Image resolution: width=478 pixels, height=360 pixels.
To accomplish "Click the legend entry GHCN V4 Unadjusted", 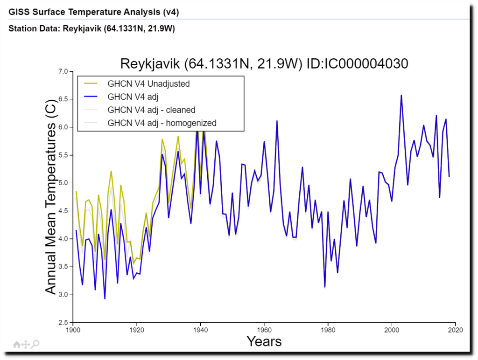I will click(148, 84).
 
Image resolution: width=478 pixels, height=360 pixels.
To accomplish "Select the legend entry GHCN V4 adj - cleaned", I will click(151, 110).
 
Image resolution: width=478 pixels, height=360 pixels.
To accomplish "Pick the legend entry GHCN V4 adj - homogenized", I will click(162, 123).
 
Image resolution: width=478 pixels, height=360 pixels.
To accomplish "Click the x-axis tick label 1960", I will click(264, 330).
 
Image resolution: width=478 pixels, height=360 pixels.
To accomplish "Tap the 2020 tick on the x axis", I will click(455, 330).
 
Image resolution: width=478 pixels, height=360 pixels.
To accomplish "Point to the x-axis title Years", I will click(264, 342).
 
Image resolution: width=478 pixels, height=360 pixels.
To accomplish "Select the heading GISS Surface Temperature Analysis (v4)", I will click(93, 12).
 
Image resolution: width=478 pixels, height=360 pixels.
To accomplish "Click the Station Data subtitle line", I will click(91, 29).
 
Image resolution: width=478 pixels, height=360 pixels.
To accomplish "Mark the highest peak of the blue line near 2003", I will click(401, 96).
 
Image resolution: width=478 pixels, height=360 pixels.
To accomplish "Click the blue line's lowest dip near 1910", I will click(105, 298).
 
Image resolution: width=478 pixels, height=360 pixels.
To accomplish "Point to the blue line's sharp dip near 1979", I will click(325, 287).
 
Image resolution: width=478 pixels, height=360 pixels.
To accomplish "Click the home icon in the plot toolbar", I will click(17, 344).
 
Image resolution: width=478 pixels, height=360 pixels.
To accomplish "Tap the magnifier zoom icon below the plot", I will click(35, 344).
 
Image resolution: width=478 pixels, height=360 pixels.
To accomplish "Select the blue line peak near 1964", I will click(277, 121).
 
